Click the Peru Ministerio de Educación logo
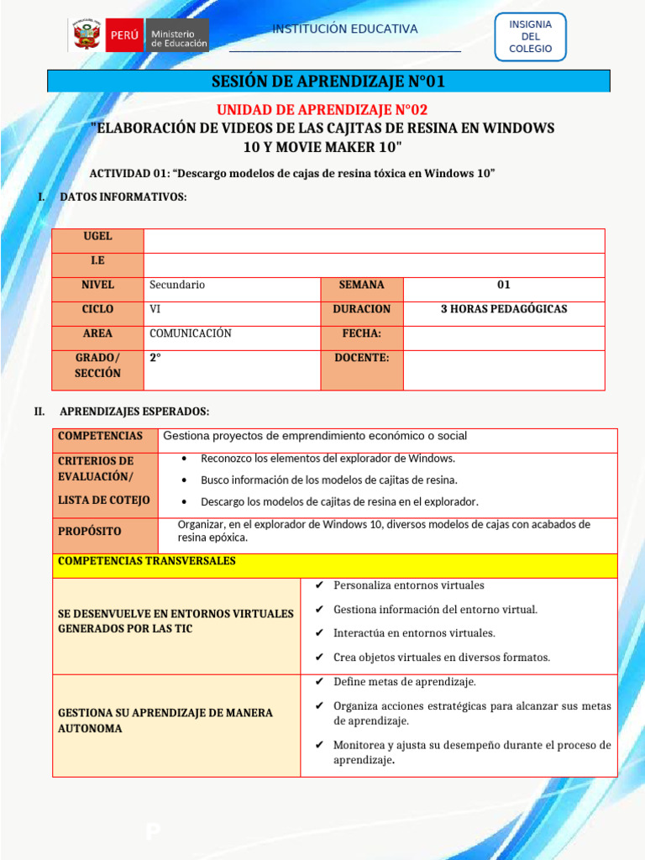[139, 35]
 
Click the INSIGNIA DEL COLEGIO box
[530, 37]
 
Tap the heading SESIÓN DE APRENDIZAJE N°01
[328, 81]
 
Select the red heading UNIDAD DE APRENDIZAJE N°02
[322, 110]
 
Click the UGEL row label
[97, 237]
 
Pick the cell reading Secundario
[177, 285]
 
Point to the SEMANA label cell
[361, 285]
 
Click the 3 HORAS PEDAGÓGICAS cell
[504, 309]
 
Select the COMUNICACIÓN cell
[191, 333]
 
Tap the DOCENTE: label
[361, 358]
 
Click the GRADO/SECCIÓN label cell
[97, 365]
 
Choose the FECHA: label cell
[361, 333]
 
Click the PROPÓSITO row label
[90, 532]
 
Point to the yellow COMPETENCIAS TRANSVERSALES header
[147, 561]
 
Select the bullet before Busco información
[183, 480]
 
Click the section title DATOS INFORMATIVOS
[123, 197]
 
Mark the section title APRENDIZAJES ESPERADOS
[134, 412]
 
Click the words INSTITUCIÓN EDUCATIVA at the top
[344, 29]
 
